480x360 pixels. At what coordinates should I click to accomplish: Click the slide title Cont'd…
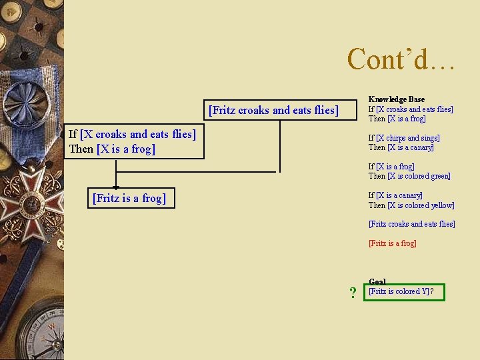pyautogui.click(x=401, y=59)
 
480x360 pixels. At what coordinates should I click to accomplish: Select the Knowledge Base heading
pyautogui.click(x=397, y=99)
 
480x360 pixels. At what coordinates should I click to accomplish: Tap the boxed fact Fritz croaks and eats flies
pyautogui.click(x=273, y=110)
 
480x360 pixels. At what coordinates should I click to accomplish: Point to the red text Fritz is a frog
pyautogui.click(x=392, y=243)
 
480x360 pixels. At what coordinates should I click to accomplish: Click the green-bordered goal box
pyautogui.click(x=404, y=292)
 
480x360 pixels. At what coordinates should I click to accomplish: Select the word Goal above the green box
pyautogui.click(x=377, y=282)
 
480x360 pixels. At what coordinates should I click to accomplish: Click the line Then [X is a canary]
pyautogui.click(x=401, y=147)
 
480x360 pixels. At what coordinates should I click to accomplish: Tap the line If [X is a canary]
pyautogui.click(x=395, y=195)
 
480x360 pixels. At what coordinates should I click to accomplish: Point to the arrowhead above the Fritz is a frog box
pyautogui.click(x=115, y=188)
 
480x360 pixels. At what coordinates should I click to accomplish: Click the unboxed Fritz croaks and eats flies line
pyautogui.click(x=411, y=224)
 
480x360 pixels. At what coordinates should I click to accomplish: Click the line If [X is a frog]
pyautogui.click(x=391, y=167)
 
